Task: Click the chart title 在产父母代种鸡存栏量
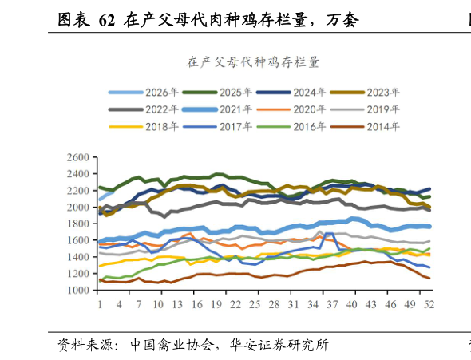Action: [253, 62]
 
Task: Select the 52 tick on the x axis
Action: [429, 305]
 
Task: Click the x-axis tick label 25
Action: [255, 305]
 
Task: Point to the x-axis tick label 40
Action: [351, 305]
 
